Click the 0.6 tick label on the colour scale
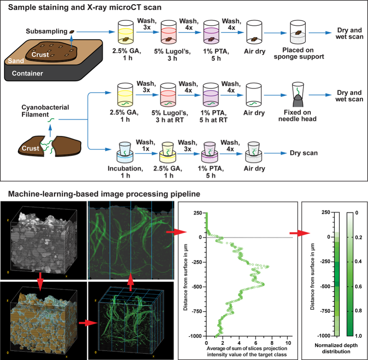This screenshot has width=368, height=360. point(360,286)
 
